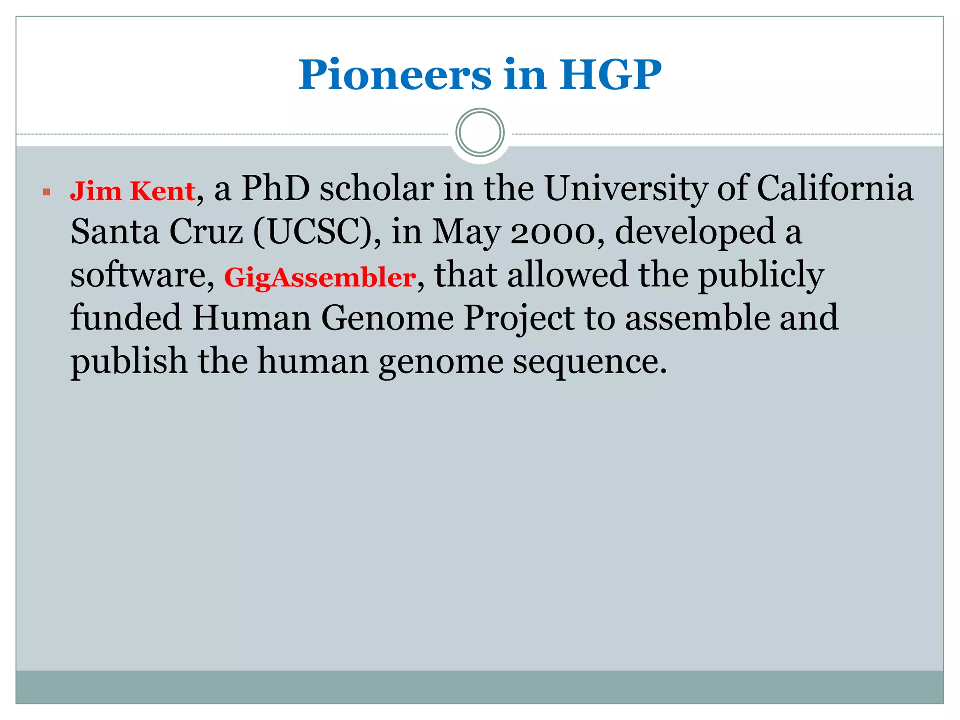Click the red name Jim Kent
click(133, 191)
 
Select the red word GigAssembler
click(320, 277)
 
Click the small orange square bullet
click(46, 192)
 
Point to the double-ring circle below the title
click(480, 133)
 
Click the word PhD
click(276, 189)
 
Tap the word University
click(626, 189)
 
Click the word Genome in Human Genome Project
click(387, 318)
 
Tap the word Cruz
click(206, 232)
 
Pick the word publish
click(129, 362)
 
